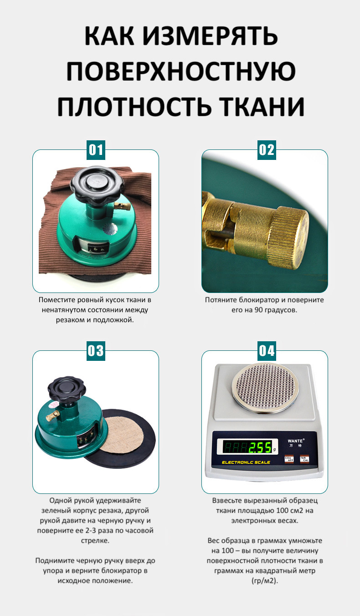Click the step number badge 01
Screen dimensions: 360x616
pos(96,150)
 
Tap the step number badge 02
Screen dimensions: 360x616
pos(267,150)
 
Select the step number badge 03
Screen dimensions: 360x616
pos(96,351)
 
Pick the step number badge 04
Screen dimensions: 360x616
pos(267,351)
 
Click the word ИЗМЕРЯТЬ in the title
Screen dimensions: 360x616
pos(211,36)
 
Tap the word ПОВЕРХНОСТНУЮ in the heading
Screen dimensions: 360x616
pos(181,71)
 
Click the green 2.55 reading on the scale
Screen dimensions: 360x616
pos(260,447)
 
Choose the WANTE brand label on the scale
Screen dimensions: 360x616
pos(295,441)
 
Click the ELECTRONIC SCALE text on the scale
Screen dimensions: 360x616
pos(246,462)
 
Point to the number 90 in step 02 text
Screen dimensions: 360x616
pos(258,310)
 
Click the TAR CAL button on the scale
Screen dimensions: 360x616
pos(304,459)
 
